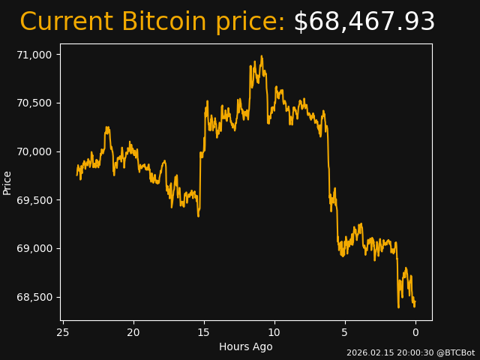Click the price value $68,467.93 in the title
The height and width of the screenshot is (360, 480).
364,22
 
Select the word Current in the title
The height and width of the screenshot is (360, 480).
66,22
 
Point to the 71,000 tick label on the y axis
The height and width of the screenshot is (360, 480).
34,55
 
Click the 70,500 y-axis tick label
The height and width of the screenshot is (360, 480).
34,103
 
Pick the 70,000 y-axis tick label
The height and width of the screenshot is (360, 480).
34,151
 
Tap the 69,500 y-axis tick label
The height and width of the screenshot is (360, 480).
34,200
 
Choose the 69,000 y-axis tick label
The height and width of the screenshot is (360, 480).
34,248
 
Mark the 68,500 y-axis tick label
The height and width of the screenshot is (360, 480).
34,297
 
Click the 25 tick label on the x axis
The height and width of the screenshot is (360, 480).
63,332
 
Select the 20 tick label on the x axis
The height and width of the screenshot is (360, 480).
133,332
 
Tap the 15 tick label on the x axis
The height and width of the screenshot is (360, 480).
204,332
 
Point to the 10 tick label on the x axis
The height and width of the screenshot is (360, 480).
274,332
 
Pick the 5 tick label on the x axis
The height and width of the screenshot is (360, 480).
345,332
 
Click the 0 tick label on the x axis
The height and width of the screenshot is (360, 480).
415,332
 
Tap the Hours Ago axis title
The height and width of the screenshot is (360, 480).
246,346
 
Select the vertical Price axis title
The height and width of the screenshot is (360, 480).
7,182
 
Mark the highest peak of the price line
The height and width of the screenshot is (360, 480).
262,56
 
